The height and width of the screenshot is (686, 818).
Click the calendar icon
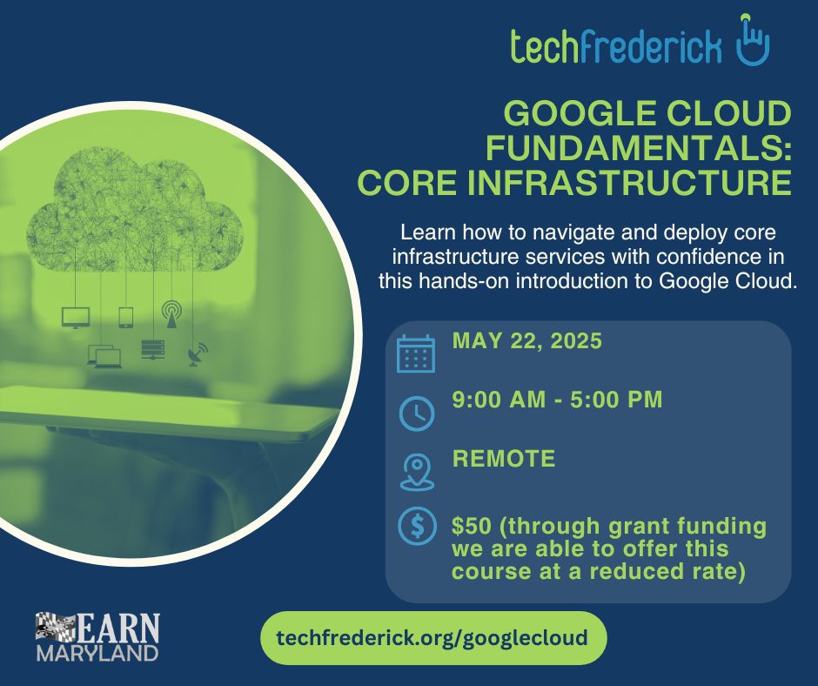coord(416,353)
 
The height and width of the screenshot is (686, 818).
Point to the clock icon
coord(416,414)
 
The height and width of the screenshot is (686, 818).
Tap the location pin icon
coord(417,472)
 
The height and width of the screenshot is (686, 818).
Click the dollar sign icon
coord(417,526)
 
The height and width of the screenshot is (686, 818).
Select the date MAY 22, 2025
coord(526,341)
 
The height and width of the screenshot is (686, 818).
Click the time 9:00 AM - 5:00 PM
coord(557,400)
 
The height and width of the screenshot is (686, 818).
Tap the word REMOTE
coord(504,459)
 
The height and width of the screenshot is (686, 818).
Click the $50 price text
coord(472,526)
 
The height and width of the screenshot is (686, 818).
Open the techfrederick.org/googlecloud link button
coord(433,638)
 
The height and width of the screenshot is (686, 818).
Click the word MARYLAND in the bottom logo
coord(97,653)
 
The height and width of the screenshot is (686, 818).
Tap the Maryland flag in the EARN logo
coord(56,627)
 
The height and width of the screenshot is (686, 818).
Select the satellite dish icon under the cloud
coord(198,354)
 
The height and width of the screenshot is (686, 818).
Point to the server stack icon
coord(153,349)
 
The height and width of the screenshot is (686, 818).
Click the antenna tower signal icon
coord(171,314)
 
